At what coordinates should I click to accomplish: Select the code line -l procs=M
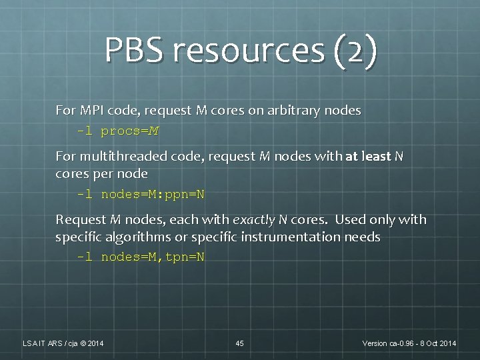click(x=118, y=131)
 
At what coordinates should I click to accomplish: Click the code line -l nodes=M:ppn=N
click(x=141, y=195)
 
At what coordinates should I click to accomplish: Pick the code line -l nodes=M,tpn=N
click(x=141, y=257)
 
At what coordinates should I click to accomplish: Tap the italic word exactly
click(x=253, y=219)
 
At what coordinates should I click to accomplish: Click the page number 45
click(x=240, y=343)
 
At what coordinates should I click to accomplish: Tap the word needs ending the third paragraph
click(x=363, y=237)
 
